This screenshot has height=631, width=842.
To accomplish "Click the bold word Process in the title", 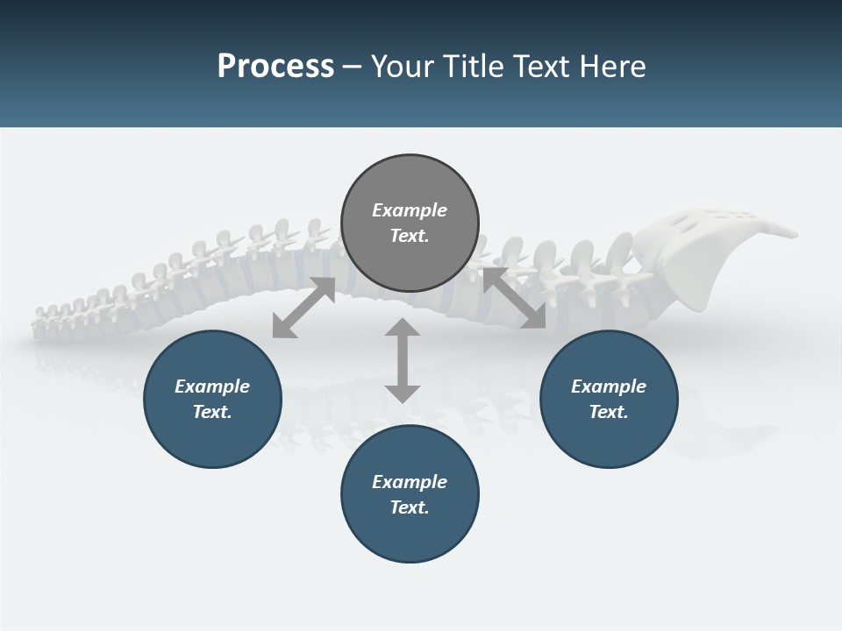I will coord(275,67).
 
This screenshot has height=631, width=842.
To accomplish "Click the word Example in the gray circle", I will coord(410,210).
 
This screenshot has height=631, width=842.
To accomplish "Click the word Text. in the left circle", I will coord(212,412).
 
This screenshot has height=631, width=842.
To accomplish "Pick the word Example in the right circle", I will coord(609,386).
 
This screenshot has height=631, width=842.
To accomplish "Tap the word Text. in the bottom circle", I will coord(410,507).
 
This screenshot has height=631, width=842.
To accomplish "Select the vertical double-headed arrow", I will coord(403,360).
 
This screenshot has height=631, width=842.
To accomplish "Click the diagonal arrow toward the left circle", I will coord(303,308).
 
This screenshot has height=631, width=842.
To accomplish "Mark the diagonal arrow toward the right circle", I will coord(515,299).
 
